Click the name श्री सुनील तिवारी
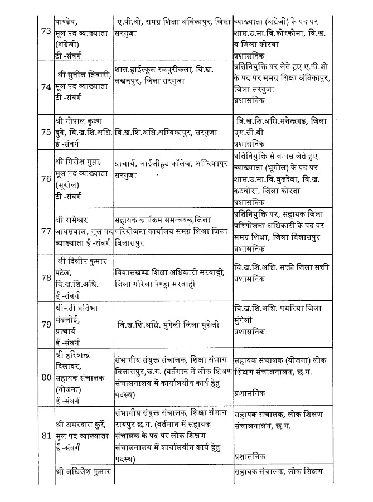point(83,72)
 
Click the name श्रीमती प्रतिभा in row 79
point(79,308)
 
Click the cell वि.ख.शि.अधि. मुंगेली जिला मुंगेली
point(168,324)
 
